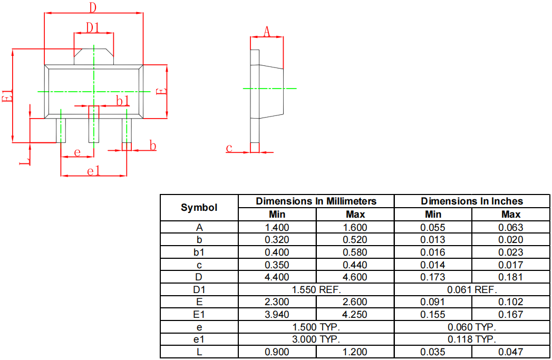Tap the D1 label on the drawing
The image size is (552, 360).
[93, 27]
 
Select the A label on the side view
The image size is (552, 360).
[267, 32]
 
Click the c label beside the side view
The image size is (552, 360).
[229, 148]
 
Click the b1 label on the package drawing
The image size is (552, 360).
[122, 100]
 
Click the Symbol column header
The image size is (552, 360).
[199, 208]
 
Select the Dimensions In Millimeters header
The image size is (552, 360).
[316, 201]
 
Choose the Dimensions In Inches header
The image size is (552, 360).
[472, 201]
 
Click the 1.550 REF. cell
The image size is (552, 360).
[316, 289]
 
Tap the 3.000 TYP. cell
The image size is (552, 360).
[316, 339]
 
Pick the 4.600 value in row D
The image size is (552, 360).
[355, 277]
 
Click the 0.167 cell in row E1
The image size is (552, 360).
[510, 315]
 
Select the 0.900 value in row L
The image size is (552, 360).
[277, 352]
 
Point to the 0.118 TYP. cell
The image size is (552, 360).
[472, 339]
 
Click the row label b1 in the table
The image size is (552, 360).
[199, 252]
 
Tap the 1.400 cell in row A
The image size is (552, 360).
[277, 228]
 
